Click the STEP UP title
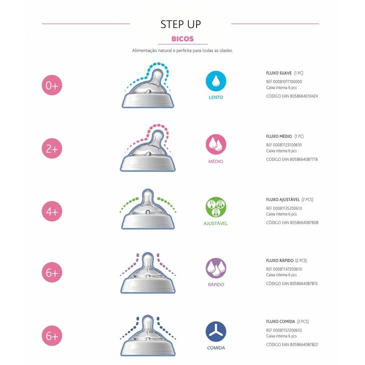click(x=181, y=24)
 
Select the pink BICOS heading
click(x=182, y=39)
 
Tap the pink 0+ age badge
click(x=52, y=85)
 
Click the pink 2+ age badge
click(x=52, y=148)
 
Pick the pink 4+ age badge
click(x=52, y=211)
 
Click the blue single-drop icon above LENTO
click(x=216, y=81)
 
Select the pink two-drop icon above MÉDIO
click(x=216, y=144)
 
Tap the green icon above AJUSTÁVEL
click(x=216, y=207)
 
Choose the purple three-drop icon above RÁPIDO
click(x=216, y=268)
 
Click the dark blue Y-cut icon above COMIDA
click(x=216, y=332)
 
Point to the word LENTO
click(x=216, y=97)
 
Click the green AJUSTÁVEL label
click(x=215, y=224)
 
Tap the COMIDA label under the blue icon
click(x=216, y=348)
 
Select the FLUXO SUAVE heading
click(x=279, y=73)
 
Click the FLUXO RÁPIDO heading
click(x=280, y=261)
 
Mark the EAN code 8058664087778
click(x=304, y=159)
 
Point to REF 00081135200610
click(x=284, y=209)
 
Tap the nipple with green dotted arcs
click(x=148, y=209)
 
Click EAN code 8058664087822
click(x=304, y=344)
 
